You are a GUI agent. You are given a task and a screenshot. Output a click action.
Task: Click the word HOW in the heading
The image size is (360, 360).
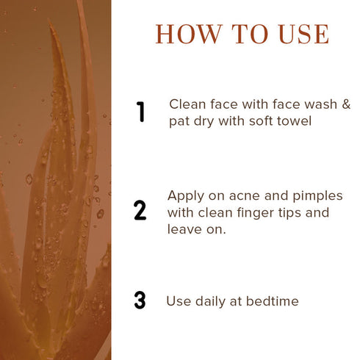click(189, 34)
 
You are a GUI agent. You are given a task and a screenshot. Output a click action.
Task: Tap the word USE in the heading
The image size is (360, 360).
click(303, 34)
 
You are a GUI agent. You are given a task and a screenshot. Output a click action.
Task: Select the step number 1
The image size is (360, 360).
click(140, 112)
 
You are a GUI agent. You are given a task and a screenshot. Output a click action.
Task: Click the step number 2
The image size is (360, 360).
click(140, 210)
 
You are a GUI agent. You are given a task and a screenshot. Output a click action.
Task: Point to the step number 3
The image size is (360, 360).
click(140, 300)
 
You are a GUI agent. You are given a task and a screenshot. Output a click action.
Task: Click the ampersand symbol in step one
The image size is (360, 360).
click(346, 104)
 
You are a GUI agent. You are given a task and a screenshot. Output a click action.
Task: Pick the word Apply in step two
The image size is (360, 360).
click(186, 196)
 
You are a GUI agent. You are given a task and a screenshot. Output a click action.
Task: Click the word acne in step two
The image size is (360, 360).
click(244, 196)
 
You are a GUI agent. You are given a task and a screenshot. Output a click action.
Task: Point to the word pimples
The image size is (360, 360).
click(317, 196)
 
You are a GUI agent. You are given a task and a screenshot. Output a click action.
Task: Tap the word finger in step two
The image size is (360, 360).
click(256, 213)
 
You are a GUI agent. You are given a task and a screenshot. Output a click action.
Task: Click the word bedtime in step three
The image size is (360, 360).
click(273, 301)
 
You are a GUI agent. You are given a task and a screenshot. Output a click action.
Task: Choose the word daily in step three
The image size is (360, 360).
click(210, 302)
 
